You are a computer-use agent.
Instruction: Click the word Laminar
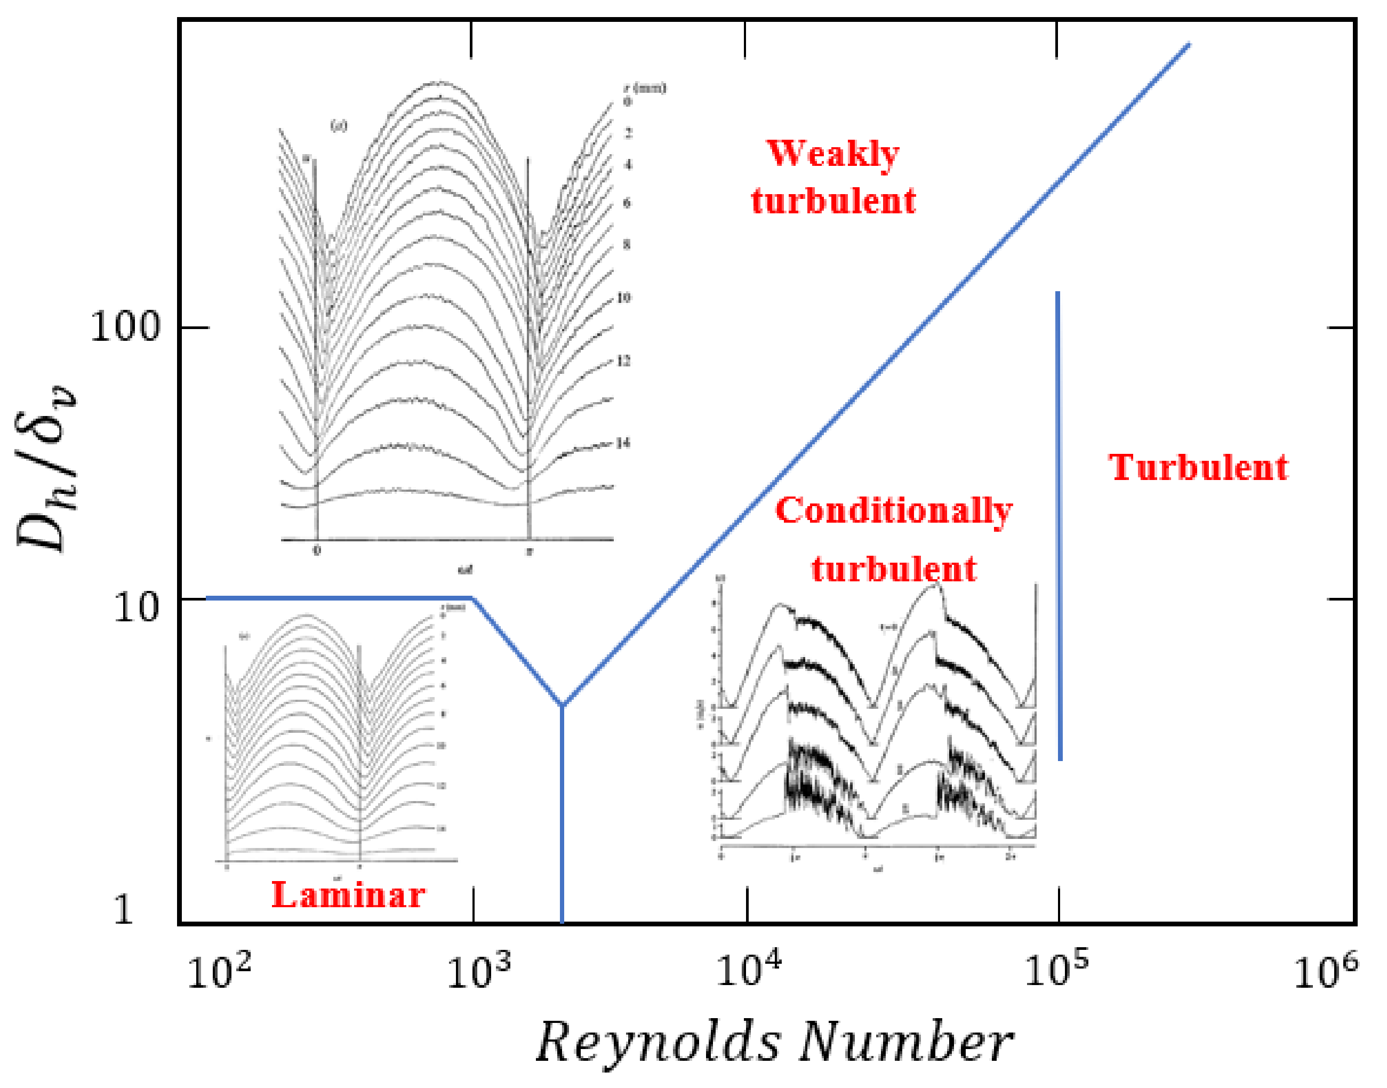(x=348, y=895)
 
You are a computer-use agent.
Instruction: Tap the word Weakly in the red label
(x=833, y=154)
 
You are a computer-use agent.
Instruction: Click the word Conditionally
(x=893, y=511)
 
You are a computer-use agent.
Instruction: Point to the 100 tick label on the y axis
(x=125, y=327)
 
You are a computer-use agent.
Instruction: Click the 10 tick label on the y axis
(x=135, y=607)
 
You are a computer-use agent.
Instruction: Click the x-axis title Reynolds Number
(x=774, y=1042)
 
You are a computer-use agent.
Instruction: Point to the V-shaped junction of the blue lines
(x=562, y=705)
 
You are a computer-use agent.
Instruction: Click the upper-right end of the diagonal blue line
(x=1188, y=45)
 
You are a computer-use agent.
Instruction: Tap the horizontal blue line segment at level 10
(x=338, y=598)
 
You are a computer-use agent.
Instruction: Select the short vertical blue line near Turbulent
(x=1059, y=525)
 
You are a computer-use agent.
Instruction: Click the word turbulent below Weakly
(x=833, y=201)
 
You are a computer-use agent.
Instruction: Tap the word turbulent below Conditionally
(x=893, y=569)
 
